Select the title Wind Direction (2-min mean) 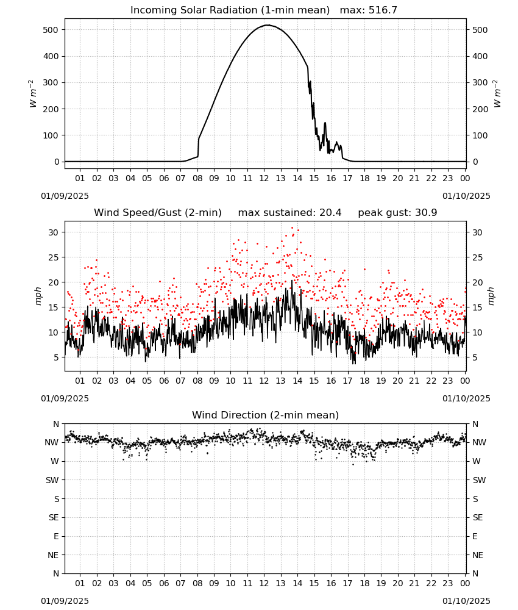pos(266,415)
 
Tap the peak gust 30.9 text pos(397,213)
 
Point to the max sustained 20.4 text pos(290,213)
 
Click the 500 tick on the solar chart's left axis pos(51,30)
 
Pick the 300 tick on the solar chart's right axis pos(480,82)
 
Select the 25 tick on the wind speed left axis pos(53,257)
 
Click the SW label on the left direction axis pos(52,480)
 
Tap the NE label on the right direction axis pos(478,555)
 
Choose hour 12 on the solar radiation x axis pos(264,178)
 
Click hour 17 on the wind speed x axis pos(347,381)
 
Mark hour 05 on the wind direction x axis pos(147,583)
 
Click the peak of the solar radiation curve pos(268,25)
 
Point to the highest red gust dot pos(293,228)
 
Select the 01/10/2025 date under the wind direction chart pos(466,601)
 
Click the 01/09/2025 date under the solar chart pos(65,196)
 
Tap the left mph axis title pos(38,296)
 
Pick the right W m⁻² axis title pos(497,93)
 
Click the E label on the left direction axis pos(56,536)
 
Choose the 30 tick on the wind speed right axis pos(477,232)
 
